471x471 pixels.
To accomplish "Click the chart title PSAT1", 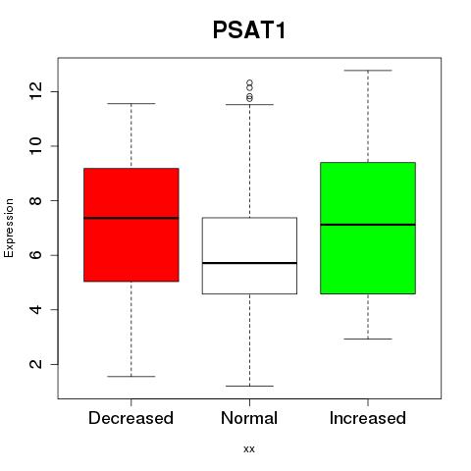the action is pyautogui.click(x=249, y=30).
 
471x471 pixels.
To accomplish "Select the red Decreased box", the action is pyautogui.click(x=131, y=225).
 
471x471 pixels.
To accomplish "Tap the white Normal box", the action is pyautogui.click(x=249, y=255).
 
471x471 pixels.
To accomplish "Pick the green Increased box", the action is pyautogui.click(x=368, y=228).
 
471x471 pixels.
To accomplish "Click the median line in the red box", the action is pyautogui.click(x=131, y=218).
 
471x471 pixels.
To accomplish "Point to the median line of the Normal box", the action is pyautogui.click(x=249, y=263).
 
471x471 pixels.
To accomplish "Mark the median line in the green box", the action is pyautogui.click(x=368, y=225).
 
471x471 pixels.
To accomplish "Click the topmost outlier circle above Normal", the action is pyautogui.click(x=250, y=82).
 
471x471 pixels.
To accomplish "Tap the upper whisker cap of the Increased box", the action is pyautogui.click(x=368, y=71).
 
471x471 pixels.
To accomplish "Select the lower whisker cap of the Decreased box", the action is pyautogui.click(x=131, y=376).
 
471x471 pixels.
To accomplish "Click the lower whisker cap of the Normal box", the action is pyautogui.click(x=249, y=386).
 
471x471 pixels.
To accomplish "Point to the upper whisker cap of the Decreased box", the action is pyautogui.click(x=131, y=104).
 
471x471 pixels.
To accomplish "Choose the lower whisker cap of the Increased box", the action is pyautogui.click(x=368, y=339).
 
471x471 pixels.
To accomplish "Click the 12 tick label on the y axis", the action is pyautogui.click(x=35, y=91).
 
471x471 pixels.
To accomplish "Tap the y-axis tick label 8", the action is pyautogui.click(x=35, y=200).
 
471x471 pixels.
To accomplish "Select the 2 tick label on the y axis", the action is pyautogui.click(x=35, y=364).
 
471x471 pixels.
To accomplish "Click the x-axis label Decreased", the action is pyautogui.click(x=131, y=418).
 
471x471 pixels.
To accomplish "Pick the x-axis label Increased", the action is pyautogui.click(x=368, y=418).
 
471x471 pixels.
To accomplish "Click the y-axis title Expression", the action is pyautogui.click(x=9, y=228).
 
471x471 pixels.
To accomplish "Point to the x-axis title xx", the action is pyautogui.click(x=249, y=449).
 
